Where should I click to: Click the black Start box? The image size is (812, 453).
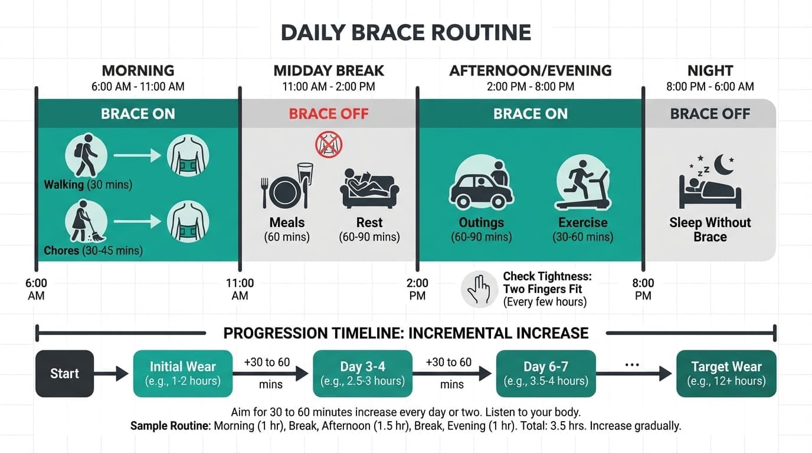pyautogui.click(x=65, y=373)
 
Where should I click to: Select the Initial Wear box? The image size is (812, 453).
pyautogui.click(x=183, y=373)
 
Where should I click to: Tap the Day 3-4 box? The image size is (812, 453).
pyautogui.click(x=362, y=373)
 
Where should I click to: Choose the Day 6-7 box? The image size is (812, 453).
pyautogui.click(x=546, y=373)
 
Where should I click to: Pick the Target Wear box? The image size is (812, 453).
pyautogui.click(x=726, y=373)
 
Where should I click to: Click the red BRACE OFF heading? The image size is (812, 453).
pyautogui.click(x=329, y=114)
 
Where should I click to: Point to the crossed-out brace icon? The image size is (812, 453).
pyautogui.click(x=329, y=144)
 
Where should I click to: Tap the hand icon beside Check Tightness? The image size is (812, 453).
pyautogui.click(x=479, y=289)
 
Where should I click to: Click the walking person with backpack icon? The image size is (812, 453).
pyautogui.click(x=86, y=155)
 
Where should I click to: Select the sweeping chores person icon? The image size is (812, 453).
pyautogui.click(x=86, y=222)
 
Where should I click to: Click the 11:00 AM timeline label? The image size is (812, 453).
pyautogui.click(x=240, y=289)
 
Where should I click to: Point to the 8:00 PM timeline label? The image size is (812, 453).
pyautogui.click(x=643, y=289)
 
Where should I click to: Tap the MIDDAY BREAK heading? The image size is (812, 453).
pyautogui.click(x=329, y=71)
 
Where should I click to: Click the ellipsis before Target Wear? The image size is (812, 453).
pyautogui.click(x=631, y=365)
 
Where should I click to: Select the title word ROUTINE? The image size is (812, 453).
pyautogui.click(x=481, y=32)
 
